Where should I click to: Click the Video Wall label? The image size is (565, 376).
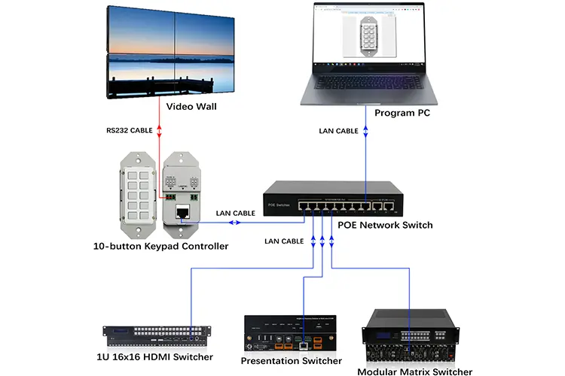point(191,106)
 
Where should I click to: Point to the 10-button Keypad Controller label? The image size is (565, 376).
point(160,246)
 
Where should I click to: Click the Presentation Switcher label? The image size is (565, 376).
point(291,361)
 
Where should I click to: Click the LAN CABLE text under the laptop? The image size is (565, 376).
point(338,130)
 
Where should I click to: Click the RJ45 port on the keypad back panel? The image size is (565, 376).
point(182,213)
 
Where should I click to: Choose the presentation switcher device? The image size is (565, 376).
point(291,335)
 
